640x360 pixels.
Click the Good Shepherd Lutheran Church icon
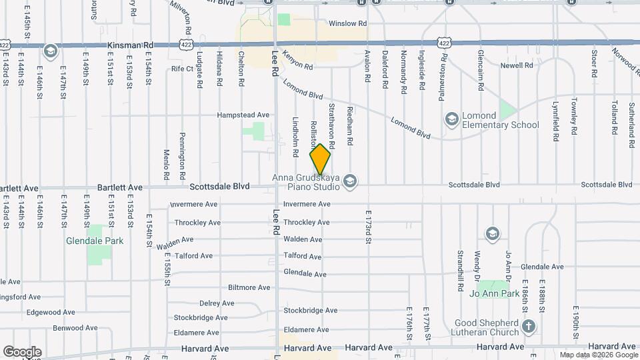coord(529,326)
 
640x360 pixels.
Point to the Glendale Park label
coord(95,241)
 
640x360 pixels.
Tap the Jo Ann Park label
coord(495,293)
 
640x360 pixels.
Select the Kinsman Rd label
coord(130,45)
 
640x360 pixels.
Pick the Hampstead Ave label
coord(243,115)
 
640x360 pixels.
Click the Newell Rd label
coord(517,65)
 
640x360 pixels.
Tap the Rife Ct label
coord(181,69)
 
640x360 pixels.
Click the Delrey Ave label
coord(213,303)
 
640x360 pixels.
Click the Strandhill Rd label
coord(460,271)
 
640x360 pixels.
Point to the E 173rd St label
coord(367,227)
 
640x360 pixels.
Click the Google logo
coord(22,352)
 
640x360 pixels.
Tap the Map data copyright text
coord(597,355)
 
